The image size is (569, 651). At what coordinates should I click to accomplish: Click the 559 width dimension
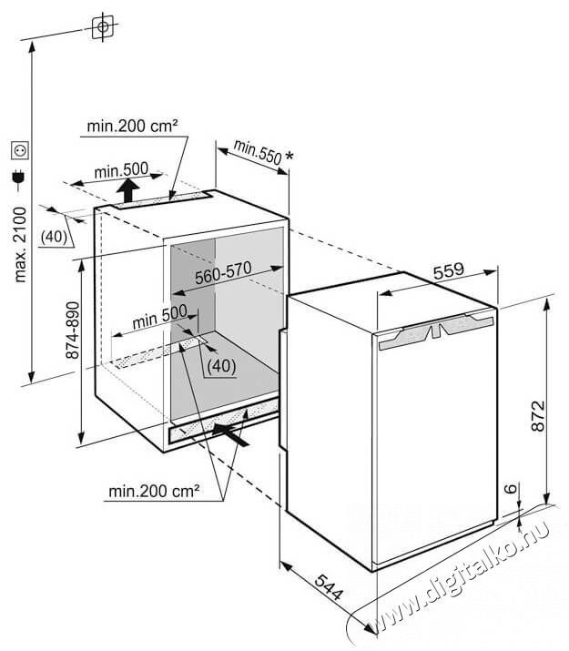coord(448,271)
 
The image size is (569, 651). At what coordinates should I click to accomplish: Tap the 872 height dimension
coord(538,415)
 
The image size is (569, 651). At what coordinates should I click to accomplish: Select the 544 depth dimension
coord(329,587)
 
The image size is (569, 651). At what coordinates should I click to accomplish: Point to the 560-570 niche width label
coord(223,272)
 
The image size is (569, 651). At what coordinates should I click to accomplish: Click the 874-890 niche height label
coord(73,331)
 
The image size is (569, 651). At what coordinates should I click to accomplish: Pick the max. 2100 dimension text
coord(20,245)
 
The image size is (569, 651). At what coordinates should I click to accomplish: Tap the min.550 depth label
coord(258,152)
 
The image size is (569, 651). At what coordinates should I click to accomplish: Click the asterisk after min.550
coord(290,157)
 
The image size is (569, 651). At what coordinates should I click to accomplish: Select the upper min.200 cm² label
coord(132,126)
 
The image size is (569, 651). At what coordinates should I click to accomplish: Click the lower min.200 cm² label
coord(154,491)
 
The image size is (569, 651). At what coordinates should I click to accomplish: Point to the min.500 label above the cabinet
coord(121,169)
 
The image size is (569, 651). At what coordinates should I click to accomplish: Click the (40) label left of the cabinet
coord(54,236)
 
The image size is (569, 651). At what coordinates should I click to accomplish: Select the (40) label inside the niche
coord(221,366)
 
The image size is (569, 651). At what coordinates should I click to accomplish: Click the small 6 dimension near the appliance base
coord(513,488)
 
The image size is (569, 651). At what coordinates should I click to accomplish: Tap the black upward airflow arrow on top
coord(127,190)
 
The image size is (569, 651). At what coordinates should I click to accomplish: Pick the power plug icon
coord(19,178)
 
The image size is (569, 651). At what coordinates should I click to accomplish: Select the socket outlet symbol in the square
coord(20,150)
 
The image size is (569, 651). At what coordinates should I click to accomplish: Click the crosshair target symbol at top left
coord(103,26)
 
